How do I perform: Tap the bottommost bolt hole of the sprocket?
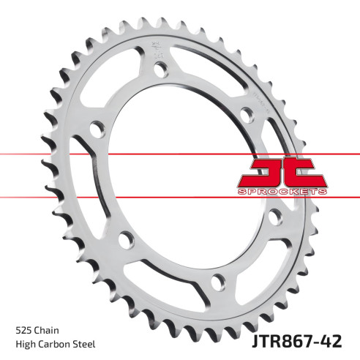(x=217, y=280)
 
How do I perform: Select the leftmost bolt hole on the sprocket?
(x=94, y=129)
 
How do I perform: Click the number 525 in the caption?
(x=24, y=329)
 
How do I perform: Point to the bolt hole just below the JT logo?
(x=275, y=217)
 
